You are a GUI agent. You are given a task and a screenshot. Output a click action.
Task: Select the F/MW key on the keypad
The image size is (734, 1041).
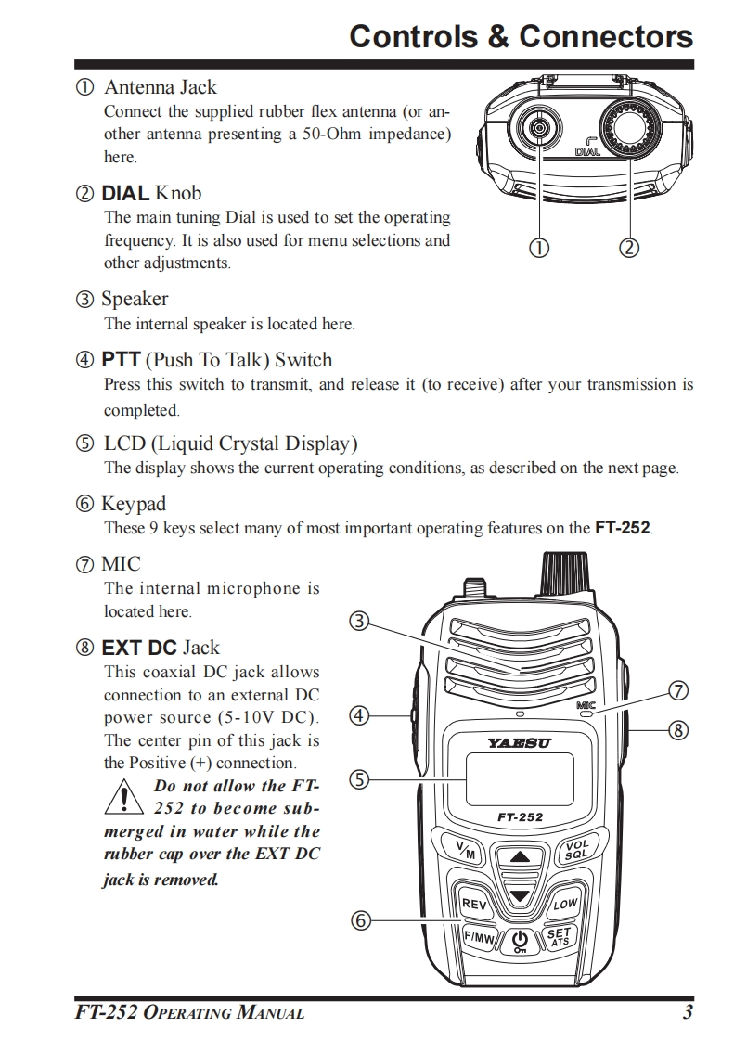coord(479,937)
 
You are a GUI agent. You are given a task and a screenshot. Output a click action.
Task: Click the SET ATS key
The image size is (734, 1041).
coord(560,937)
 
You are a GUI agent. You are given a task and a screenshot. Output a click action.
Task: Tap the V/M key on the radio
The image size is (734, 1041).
coord(466,848)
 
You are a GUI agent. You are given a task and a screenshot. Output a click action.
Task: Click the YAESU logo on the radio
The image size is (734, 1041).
coord(519,743)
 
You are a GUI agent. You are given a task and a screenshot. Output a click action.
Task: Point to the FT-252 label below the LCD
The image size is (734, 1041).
coord(520,817)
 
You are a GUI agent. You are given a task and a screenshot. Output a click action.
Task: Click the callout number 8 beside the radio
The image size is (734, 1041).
coord(678,730)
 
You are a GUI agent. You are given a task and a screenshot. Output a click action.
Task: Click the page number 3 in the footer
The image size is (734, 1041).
coord(687,1012)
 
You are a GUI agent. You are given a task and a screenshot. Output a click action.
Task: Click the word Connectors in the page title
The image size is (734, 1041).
coord(606,36)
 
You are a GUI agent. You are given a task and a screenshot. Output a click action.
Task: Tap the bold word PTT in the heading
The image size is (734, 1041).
coord(121,360)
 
